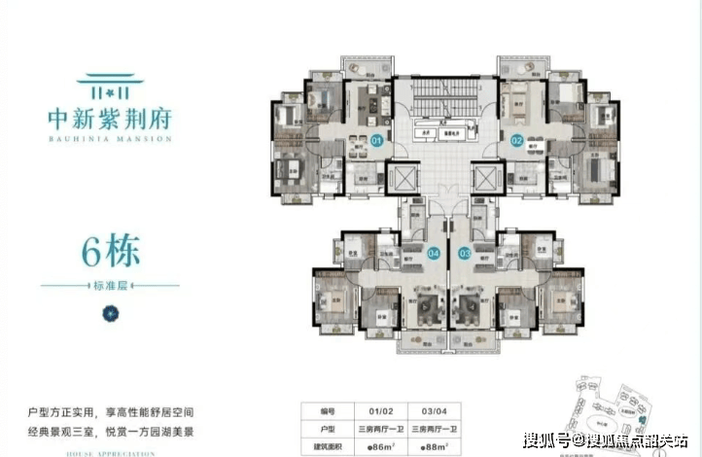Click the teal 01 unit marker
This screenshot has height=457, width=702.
click(x=376, y=142)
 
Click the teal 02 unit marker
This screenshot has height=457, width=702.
click(x=517, y=142)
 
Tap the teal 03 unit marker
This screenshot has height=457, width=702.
click(x=465, y=254)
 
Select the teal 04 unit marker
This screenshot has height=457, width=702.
click(x=433, y=254)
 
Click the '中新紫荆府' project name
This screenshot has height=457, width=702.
click(x=109, y=119)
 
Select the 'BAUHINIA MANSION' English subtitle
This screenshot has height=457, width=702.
click(x=109, y=139)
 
